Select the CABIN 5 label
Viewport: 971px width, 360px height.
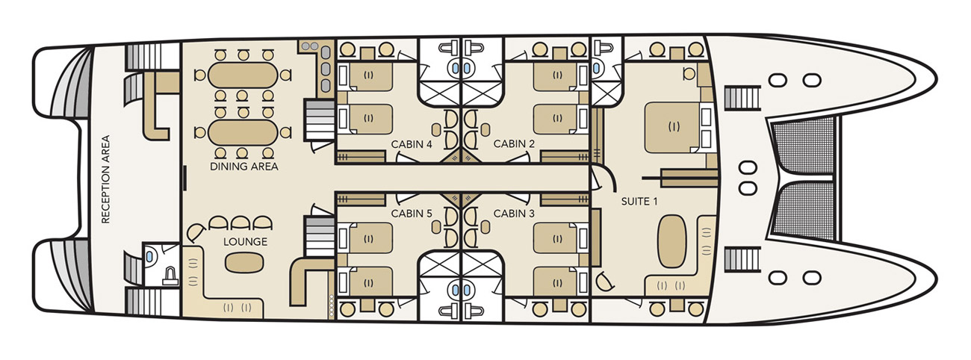coord(412,214)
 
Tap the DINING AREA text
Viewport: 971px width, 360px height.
coord(244,167)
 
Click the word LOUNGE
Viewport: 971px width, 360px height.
coord(245,242)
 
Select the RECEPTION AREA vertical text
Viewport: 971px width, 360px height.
coord(106,179)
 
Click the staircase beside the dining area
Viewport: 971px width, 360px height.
coord(318,120)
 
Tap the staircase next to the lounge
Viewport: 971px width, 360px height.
coord(319,236)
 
